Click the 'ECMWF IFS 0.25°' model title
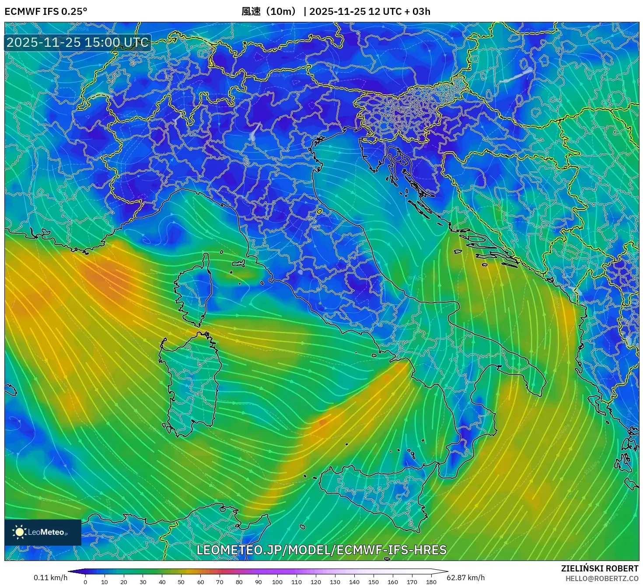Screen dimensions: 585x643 click(46, 11)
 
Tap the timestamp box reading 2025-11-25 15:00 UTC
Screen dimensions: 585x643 click(77, 42)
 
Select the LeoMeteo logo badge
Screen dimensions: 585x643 click(43, 532)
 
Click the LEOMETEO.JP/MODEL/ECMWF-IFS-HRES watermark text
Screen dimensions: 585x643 click(321, 550)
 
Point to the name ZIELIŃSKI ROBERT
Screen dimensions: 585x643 click(600, 568)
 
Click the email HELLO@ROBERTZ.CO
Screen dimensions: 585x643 click(602, 578)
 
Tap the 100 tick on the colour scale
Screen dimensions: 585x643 click(277, 582)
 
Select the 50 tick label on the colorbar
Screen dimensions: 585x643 click(181, 582)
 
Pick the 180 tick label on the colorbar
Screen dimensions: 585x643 click(431, 582)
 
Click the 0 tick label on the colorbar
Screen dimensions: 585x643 click(85, 582)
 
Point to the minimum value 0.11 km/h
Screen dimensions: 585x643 click(51, 578)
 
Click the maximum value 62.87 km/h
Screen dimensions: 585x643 click(466, 578)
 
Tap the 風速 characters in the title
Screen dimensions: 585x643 click(251, 11)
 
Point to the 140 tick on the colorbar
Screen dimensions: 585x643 click(354, 582)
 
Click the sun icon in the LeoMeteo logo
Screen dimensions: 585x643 click(20, 532)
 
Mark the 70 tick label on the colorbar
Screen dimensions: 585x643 click(220, 582)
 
